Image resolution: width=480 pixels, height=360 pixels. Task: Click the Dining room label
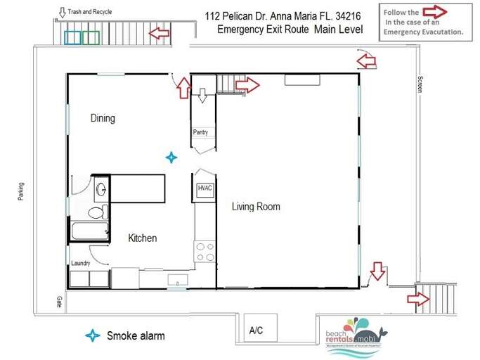coord(103,118)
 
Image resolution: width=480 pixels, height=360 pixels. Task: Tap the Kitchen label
coord(142,238)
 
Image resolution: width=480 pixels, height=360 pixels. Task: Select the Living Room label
coord(256,207)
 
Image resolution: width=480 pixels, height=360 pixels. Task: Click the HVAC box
coord(205,189)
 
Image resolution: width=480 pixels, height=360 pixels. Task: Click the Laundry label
coord(81,264)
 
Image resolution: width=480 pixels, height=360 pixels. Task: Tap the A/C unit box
coord(256,330)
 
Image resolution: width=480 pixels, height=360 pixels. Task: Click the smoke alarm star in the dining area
coord(171,157)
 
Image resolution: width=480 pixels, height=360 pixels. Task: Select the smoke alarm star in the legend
coord(92,335)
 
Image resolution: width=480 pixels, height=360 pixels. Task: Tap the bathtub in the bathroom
coord(89,231)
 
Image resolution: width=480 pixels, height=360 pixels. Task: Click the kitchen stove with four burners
coord(205,252)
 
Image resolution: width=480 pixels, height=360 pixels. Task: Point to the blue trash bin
coord(72,37)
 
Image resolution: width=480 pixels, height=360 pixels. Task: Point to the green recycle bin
coord(89,37)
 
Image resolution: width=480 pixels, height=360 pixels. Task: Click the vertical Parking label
coord(21,190)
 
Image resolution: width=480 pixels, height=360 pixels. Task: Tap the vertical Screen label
coord(420,84)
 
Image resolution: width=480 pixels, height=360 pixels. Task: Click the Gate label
coord(60,302)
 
